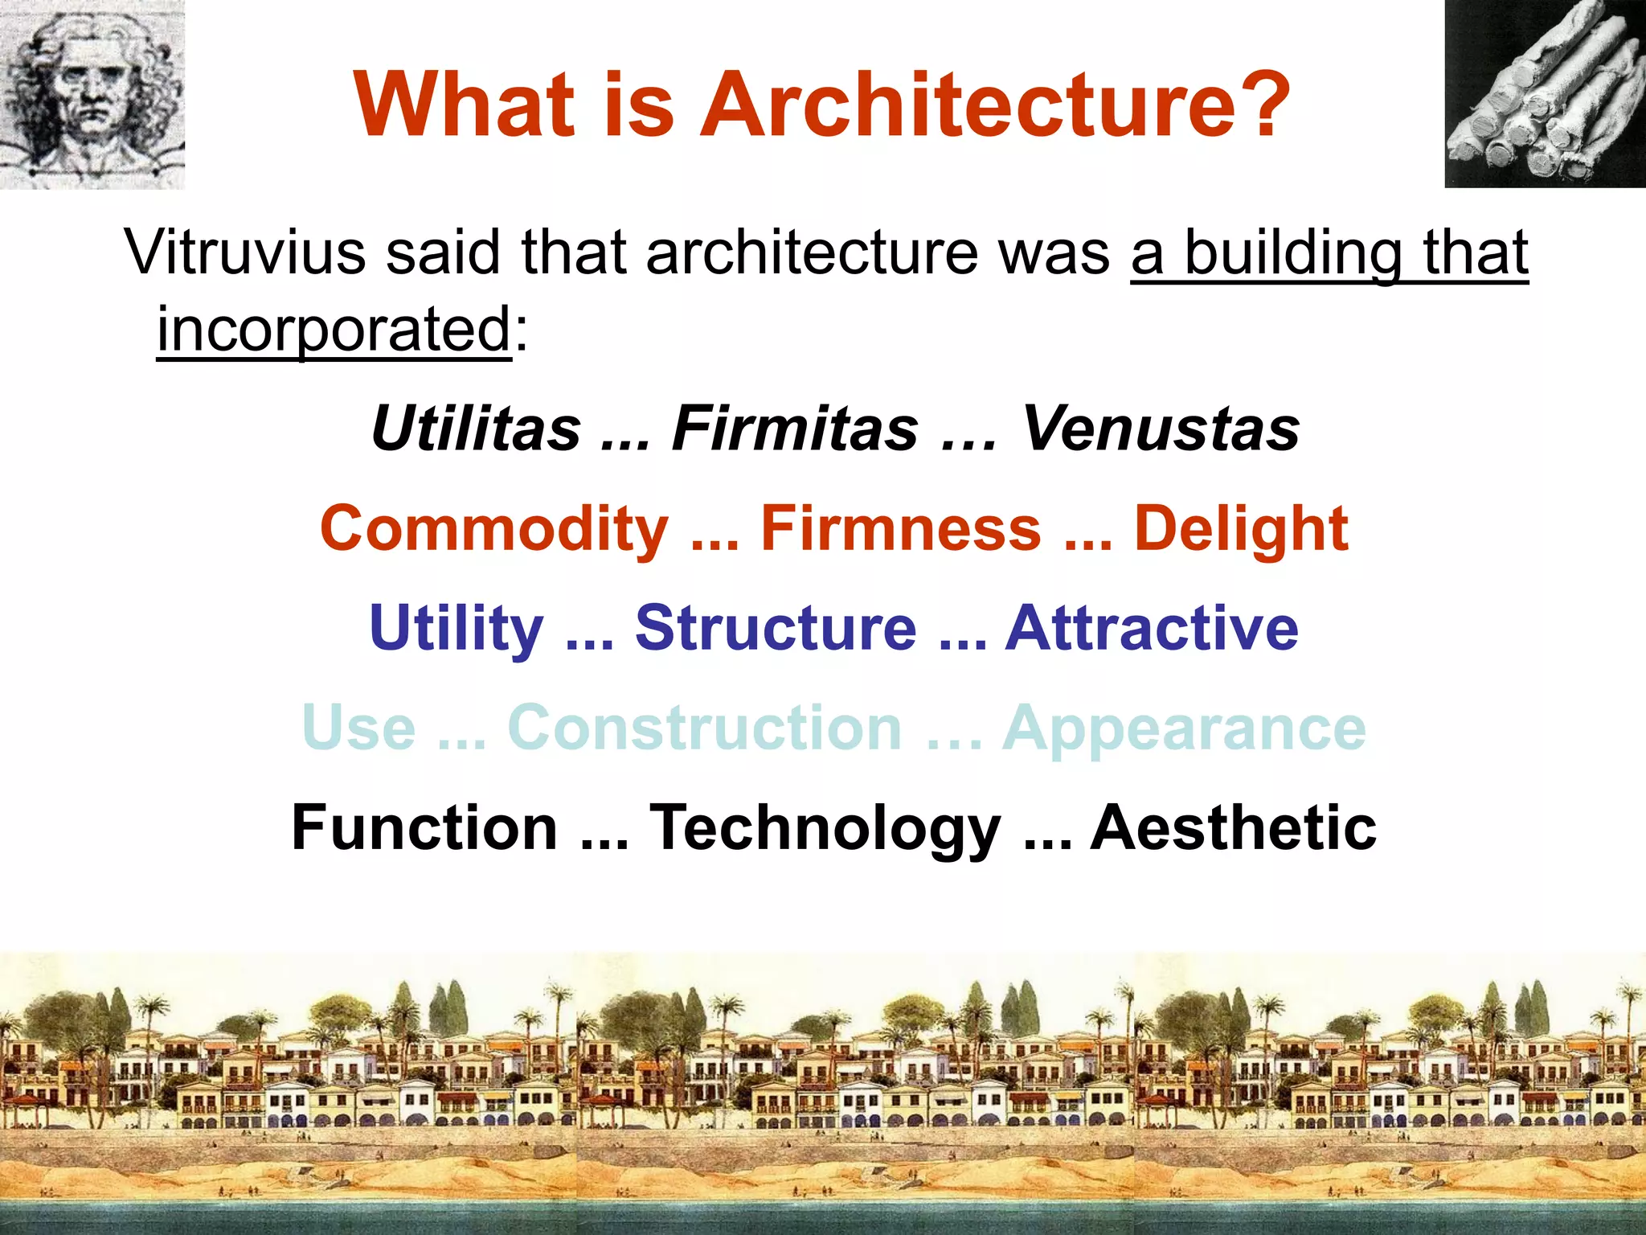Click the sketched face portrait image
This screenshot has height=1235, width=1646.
(92, 94)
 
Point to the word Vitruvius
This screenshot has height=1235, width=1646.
(245, 252)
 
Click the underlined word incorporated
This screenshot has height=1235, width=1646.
(334, 330)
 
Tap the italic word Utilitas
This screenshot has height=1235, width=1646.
(476, 429)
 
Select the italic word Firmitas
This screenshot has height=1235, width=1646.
(795, 429)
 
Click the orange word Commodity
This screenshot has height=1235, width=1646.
(494, 529)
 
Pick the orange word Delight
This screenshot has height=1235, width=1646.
(1240, 529)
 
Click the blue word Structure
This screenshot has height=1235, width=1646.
(776, 628)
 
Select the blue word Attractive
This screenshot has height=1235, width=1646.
(1152, 628)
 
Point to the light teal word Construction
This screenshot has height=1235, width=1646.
(705, 728)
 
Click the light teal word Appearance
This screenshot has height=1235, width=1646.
(1183, 728)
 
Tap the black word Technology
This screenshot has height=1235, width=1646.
(825, 828)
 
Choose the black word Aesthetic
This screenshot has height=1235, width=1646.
(1233, 828)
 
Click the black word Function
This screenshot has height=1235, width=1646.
(424, 828)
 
